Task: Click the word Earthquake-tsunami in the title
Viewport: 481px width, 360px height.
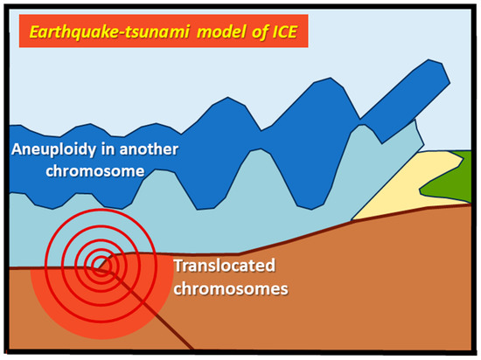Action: tap(109, 31)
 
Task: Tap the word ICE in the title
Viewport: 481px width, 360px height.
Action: tap(284, 31)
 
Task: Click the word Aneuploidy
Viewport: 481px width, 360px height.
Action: tap(53, 149)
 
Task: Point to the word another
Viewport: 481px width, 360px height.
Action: tap(149, 149)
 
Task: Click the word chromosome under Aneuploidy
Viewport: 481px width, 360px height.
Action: tap(95, 171)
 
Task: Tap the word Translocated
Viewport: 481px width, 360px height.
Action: tap(225, 266)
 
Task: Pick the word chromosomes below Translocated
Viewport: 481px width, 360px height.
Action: tap(231, 288)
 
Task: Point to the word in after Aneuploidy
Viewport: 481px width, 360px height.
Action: tap(108, 149)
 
